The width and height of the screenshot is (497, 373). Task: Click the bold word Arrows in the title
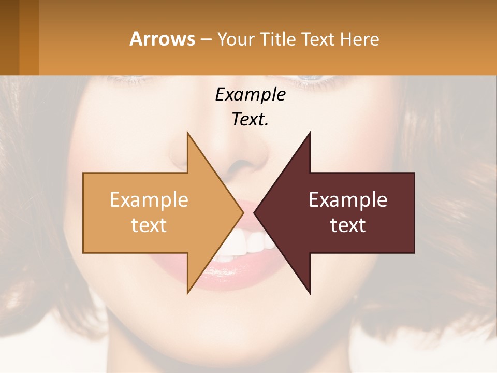163,39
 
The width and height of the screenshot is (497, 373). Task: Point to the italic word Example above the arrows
250,95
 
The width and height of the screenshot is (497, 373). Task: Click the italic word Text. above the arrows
250,120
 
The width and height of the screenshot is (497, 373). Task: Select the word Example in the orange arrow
149,200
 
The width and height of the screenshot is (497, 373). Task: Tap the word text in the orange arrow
149,225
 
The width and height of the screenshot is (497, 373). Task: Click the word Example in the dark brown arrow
348,200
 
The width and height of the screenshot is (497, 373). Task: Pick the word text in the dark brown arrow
348,225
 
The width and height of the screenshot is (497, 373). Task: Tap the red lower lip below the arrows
233,280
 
